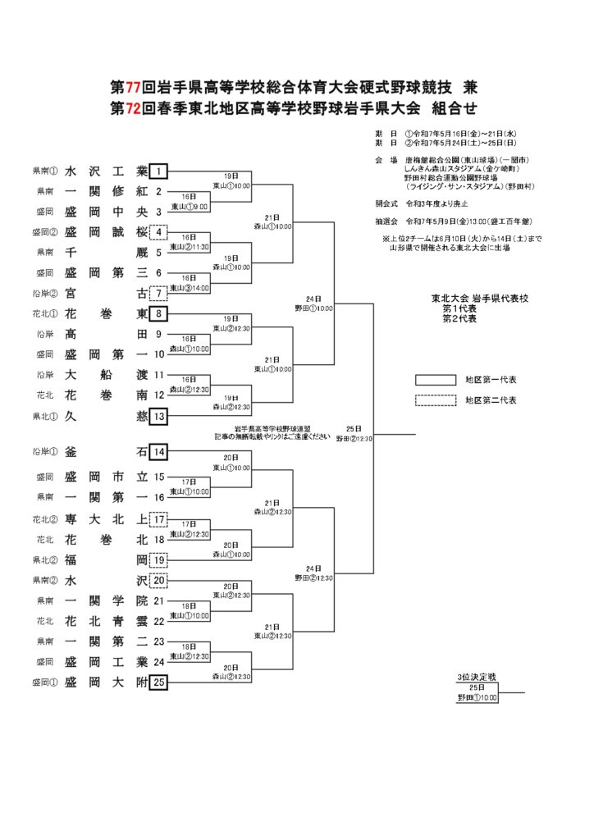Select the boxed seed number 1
[x=159, y=171]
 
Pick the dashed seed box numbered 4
[x=159, y=232]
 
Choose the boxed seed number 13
[x=159, y=417]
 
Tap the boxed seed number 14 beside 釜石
[x=159, y=452]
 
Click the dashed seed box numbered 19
[x=159, y=560]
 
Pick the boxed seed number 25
[x=159, y=682]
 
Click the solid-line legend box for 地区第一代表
[x=435, y=381]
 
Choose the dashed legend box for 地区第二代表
[x=435, y=400]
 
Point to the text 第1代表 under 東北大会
[x=459, y=308]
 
